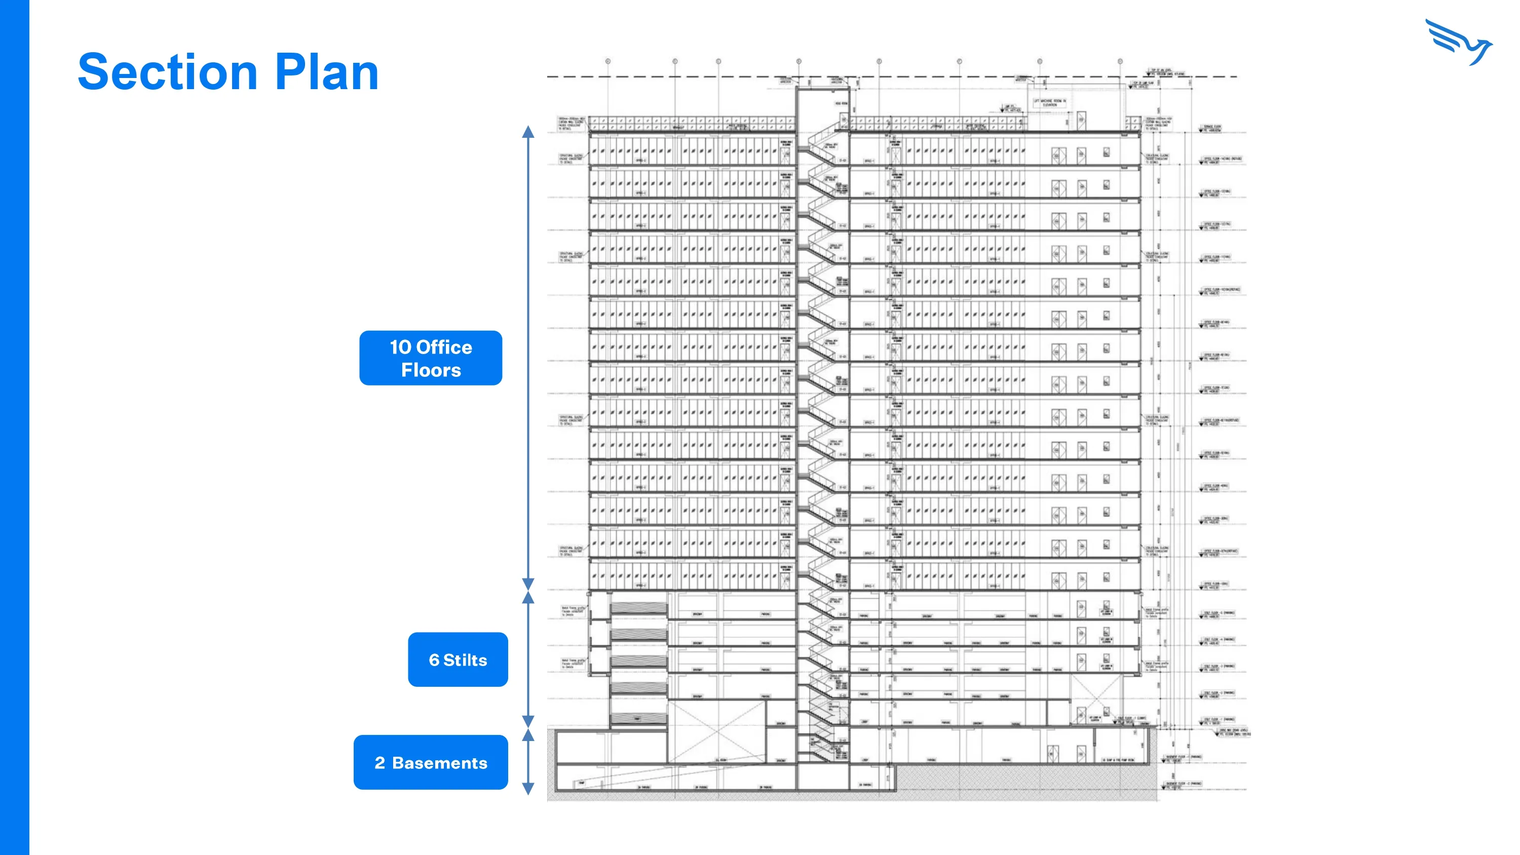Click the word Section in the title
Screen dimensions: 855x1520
coord(168,72)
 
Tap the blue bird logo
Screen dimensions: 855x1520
coord(1459,43)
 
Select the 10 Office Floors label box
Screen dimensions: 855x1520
coord(431,358)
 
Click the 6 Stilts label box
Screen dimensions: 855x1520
coord(458,659)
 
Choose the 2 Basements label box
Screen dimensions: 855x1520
coord(431,762)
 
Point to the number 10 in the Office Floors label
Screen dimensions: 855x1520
coord(401,347)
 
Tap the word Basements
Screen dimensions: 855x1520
coord(440,763)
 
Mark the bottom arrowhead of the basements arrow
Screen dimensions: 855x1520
coord(528,789)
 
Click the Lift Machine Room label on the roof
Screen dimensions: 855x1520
coord(1049,103)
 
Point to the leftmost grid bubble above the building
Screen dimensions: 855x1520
coord(608,61)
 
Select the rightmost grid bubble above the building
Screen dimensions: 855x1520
coord(1120,61)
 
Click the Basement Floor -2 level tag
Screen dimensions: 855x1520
coord(1183,785)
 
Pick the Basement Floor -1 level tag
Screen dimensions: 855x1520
coord(1183,758)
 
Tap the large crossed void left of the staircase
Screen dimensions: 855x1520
coord(717,732)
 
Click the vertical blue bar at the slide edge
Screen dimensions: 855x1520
coord(14,427)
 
